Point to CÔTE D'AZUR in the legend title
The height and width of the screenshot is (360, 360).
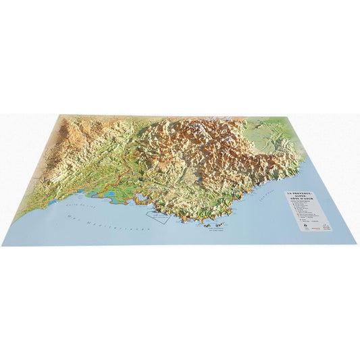pos(311,203)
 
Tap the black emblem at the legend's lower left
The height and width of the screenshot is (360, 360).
pos(305,227)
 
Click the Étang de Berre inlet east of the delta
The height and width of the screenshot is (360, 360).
pos(139,197)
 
